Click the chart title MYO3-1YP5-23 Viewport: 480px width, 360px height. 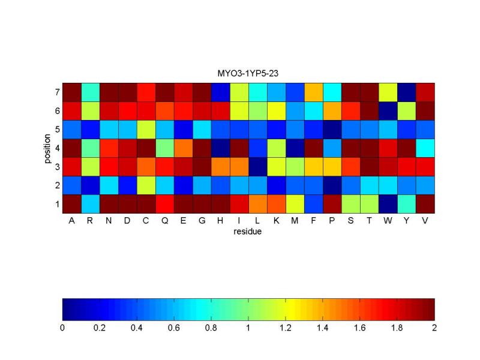pyautogui.click(x=248, y=74)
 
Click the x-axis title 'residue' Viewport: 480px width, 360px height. pyautogui.click(x=248, y=231)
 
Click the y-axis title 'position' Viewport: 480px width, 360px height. pyautogui.click(x=47, y=148)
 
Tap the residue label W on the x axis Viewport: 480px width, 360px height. pyautogui.click(x=389, y=221)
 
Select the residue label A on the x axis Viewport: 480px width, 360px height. pyautogui.click(x=71, y=221)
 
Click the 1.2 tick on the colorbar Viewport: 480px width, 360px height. pyautogui.click(x=286, y=328)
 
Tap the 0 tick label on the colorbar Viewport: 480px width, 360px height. pyautogui.click(x=62, y=328)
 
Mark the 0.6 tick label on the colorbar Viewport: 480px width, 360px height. pyautogui.click(x=174, y=328)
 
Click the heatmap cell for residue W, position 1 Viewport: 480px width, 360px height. pyautogui.click(x=389, y=204)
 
